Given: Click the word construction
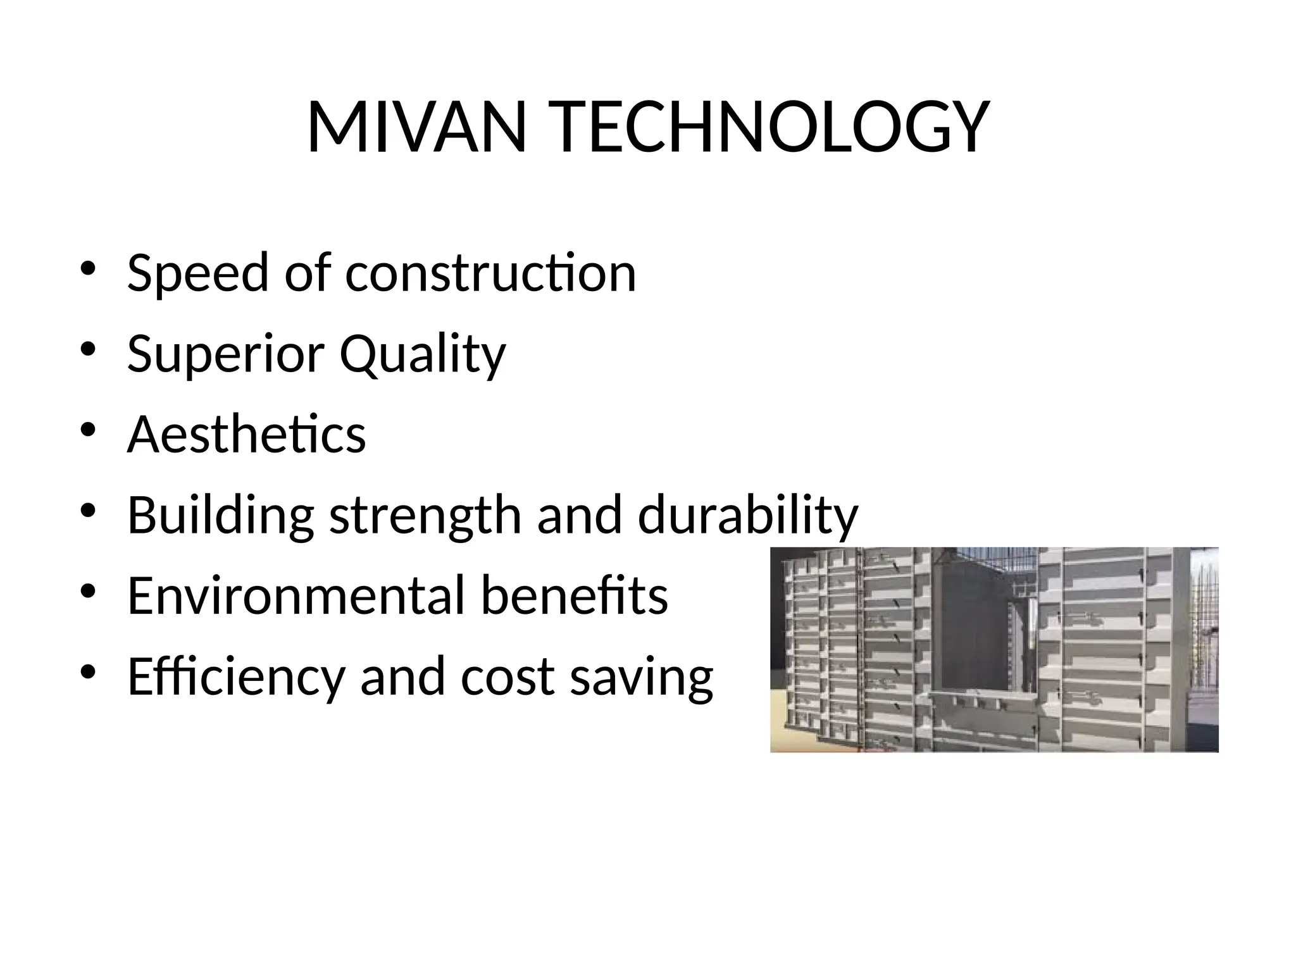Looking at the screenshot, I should pyautogui.click(x=490, y=273).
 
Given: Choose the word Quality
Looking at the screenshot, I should pyautogui.click(x=422, y=354).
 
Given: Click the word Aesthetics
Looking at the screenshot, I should pyautogui.click(x=246, y=435).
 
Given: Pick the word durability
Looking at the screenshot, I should pyautogui.click(x=747, y=516).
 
